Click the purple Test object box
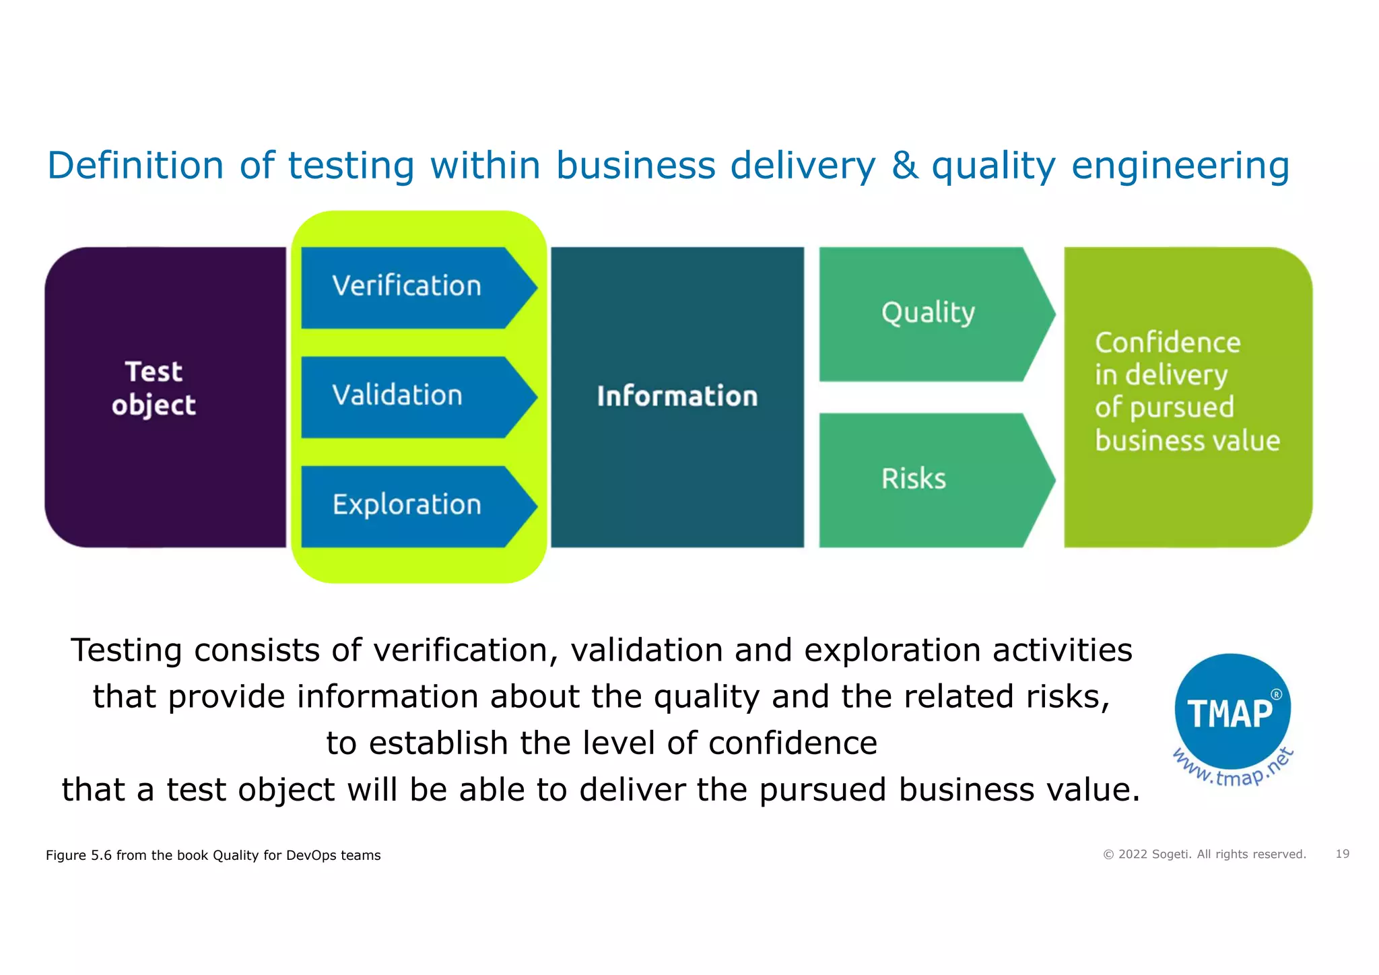coord(165,397)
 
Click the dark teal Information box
coord(677,397)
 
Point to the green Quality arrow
coord(929,314)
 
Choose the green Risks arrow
coord(929,479)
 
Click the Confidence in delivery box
coord(1188,397)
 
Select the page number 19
coord(1342,854)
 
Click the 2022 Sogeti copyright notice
coord(1204,854)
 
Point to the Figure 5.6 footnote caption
coord(213,855)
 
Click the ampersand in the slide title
coord(905,166)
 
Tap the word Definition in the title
coord(135,166)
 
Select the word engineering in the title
coord(1180,167)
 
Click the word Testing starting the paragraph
coord(126,651)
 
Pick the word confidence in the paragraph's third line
coord(793,743)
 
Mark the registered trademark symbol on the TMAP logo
coord(1275,694)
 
